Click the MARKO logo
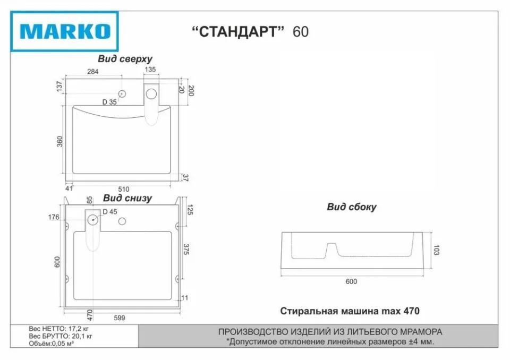[x=64, y=31]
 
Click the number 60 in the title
[x=301, y=32]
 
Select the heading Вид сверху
[x=125, y=59]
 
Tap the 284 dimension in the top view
[x=92, y=72]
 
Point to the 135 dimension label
[x=150, y=69]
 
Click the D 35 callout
[x=109, y=102]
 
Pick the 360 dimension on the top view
[x=59, y=141]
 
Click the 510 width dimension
[x=124, y=189]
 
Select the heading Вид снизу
[x=127, y=198]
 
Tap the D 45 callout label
[x=110, y=212]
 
